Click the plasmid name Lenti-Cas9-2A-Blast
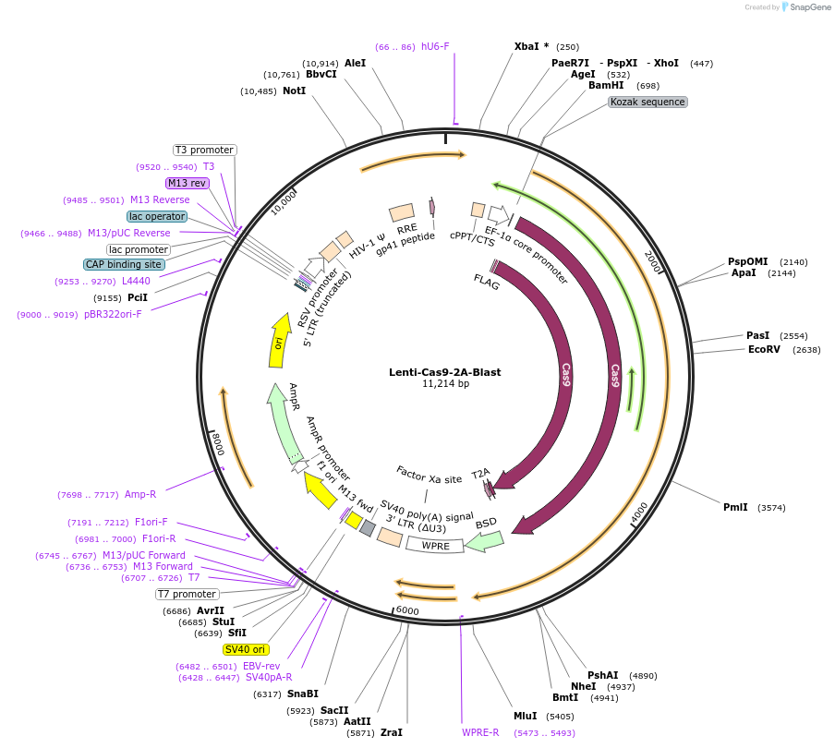[x=445, y=372]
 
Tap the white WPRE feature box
[x=435, y=545]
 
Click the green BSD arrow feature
[x=484, y=542]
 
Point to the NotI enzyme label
[x=294, y=91]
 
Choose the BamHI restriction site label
[x=606, y=85]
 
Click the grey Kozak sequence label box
[x=647, y=102]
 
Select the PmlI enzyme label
[x=736, y=507]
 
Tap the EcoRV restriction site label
[x=764, y=350]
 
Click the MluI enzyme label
[x=526, y=716]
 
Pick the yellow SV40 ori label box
[x=246, y=649]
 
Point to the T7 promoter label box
[x=188, y=594]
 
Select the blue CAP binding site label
[x=124, y=264]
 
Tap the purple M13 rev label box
[x=187, y=183]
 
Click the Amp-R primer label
[x=140, y=494]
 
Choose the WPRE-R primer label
[x=480, y=732]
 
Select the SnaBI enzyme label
[x=302, y=694]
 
